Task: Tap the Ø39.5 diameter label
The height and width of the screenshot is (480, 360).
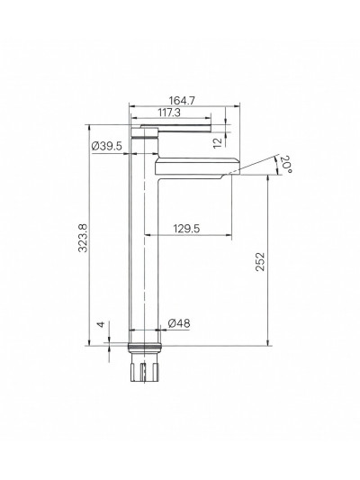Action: (x=107, y=146)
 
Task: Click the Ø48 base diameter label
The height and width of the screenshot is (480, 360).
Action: (x=178, y=324)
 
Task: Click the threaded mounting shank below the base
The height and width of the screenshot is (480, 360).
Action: (x=148, y=370)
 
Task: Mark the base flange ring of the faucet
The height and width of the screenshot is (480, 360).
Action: (x=148, y=347)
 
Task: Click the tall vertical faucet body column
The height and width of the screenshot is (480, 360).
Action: (x=148, y=252)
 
